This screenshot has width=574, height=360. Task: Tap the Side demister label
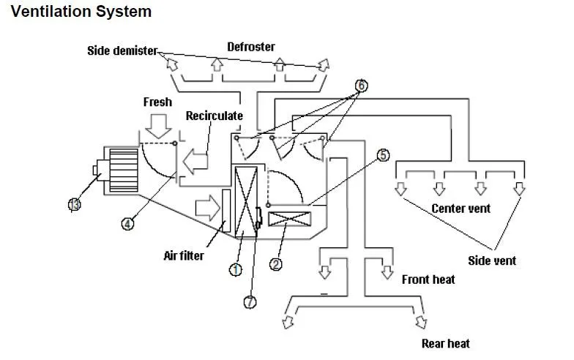(x=122, y=50)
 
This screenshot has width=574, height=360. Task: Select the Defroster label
(x=251, y=47)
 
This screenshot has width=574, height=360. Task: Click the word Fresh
(x=157, y=102)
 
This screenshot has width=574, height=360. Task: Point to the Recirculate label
(x=215, y=116)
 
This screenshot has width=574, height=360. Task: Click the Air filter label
(x=183, y=255)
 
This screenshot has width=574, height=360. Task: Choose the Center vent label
(x=461, y=209)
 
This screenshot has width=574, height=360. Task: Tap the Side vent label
(x=492, y=260)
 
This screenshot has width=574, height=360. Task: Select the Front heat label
(x=428, y=280)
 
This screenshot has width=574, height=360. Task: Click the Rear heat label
(x=445, y=343)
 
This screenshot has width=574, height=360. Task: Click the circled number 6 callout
(x=361, y=85)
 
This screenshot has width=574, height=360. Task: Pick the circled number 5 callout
(x=384, y=154)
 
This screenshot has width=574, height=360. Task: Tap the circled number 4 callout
(x=127, y=225)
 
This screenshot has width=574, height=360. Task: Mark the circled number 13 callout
(x=74, y=204)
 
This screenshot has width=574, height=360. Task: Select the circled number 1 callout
(x=235, y=270)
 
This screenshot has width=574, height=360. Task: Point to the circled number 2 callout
(x=276, y=263)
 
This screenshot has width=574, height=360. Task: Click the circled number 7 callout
(x=250, y=302)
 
